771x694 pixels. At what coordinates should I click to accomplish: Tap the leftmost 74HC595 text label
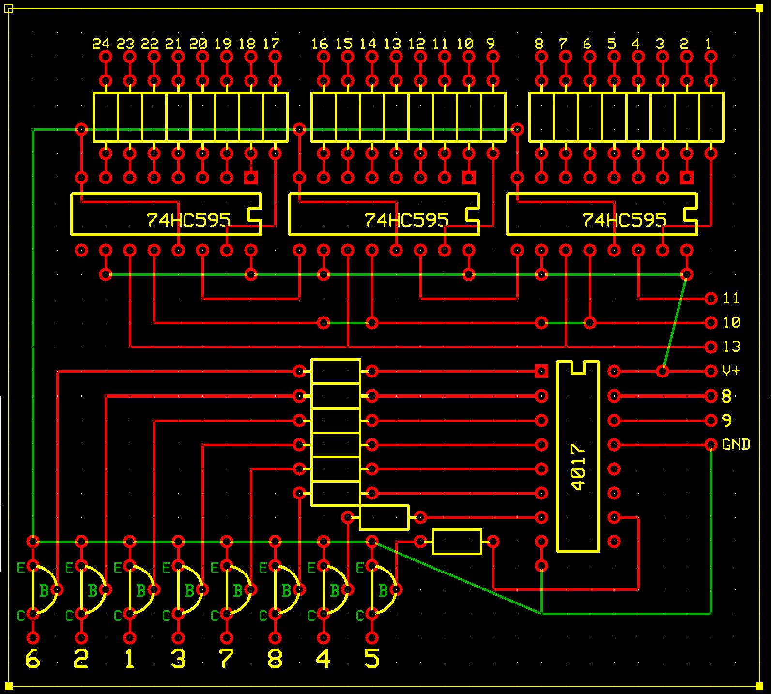point(188,221)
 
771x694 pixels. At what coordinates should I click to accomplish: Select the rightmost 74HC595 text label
point(625,221)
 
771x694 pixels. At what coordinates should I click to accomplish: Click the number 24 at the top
point(101,44)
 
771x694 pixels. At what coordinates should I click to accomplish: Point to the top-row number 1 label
point(709,44)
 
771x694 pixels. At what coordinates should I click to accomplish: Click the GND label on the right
point(736,444)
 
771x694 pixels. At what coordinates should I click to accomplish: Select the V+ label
point(731,371)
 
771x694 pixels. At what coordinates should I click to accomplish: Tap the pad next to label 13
point(710,347)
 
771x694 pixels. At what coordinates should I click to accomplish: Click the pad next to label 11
point(710,299)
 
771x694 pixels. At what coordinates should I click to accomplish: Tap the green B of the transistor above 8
point(286,591)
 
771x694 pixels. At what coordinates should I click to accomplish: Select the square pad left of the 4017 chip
point(541,372)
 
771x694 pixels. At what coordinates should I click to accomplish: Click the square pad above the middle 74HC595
point(468,178)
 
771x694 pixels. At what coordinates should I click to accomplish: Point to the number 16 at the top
point(319,44)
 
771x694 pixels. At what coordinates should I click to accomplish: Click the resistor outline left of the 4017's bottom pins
point(457,542)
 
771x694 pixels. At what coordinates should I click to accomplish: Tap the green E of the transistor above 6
point(21,567)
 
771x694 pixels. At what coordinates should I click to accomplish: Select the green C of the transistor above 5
point(360,616)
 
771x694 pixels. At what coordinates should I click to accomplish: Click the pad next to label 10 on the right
point(710,323)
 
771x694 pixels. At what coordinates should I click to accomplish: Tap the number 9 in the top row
point(491,44)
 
